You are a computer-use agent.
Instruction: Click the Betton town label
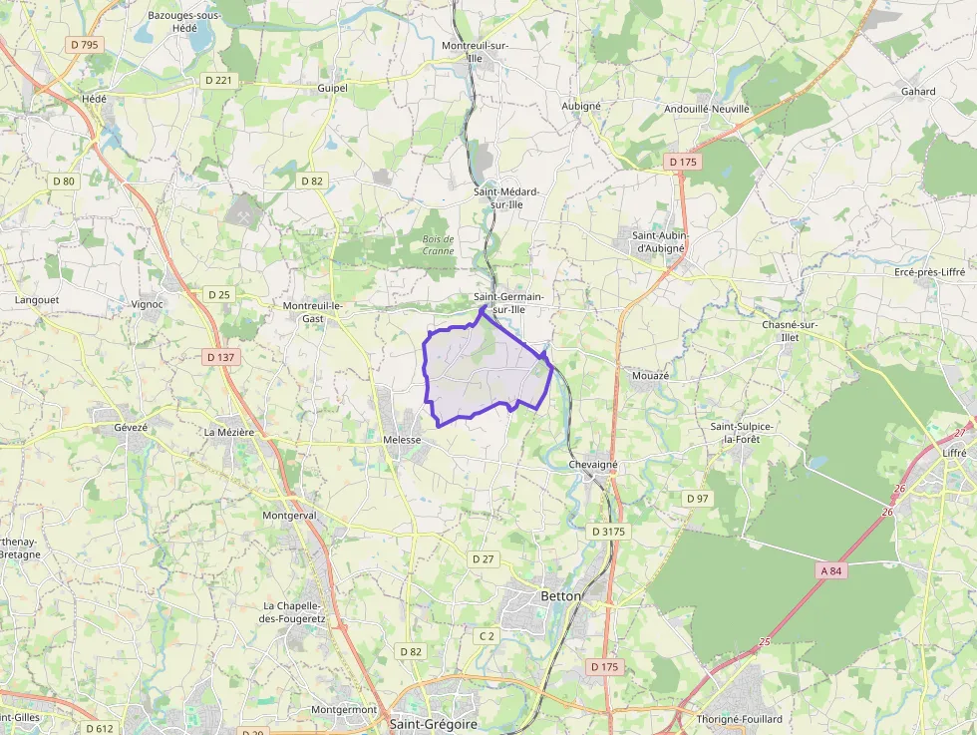point(559,595)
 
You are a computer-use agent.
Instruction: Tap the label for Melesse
point(402,439)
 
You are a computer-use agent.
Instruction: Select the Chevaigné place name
point(593,465)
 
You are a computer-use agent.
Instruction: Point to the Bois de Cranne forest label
point(438,244)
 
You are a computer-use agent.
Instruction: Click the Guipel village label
point(332,88)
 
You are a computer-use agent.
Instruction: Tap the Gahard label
point(918,92)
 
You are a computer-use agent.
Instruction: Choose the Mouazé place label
point(650,376)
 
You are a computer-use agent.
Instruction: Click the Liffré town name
point(954,452)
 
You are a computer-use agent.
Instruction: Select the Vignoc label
point(147,304)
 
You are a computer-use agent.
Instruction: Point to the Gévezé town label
point(131,427)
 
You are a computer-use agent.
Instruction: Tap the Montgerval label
point(288,516)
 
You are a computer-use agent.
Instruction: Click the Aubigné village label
point(581,106)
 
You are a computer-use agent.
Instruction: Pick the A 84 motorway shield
point(831,570)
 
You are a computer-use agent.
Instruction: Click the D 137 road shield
point(219,356)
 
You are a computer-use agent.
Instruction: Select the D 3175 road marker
point(608,532)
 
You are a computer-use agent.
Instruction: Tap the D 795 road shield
point(85,45)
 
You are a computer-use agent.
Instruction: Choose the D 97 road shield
point(697,498)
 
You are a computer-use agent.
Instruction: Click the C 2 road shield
point(487,635)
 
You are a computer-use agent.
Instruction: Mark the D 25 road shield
point(218,294)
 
